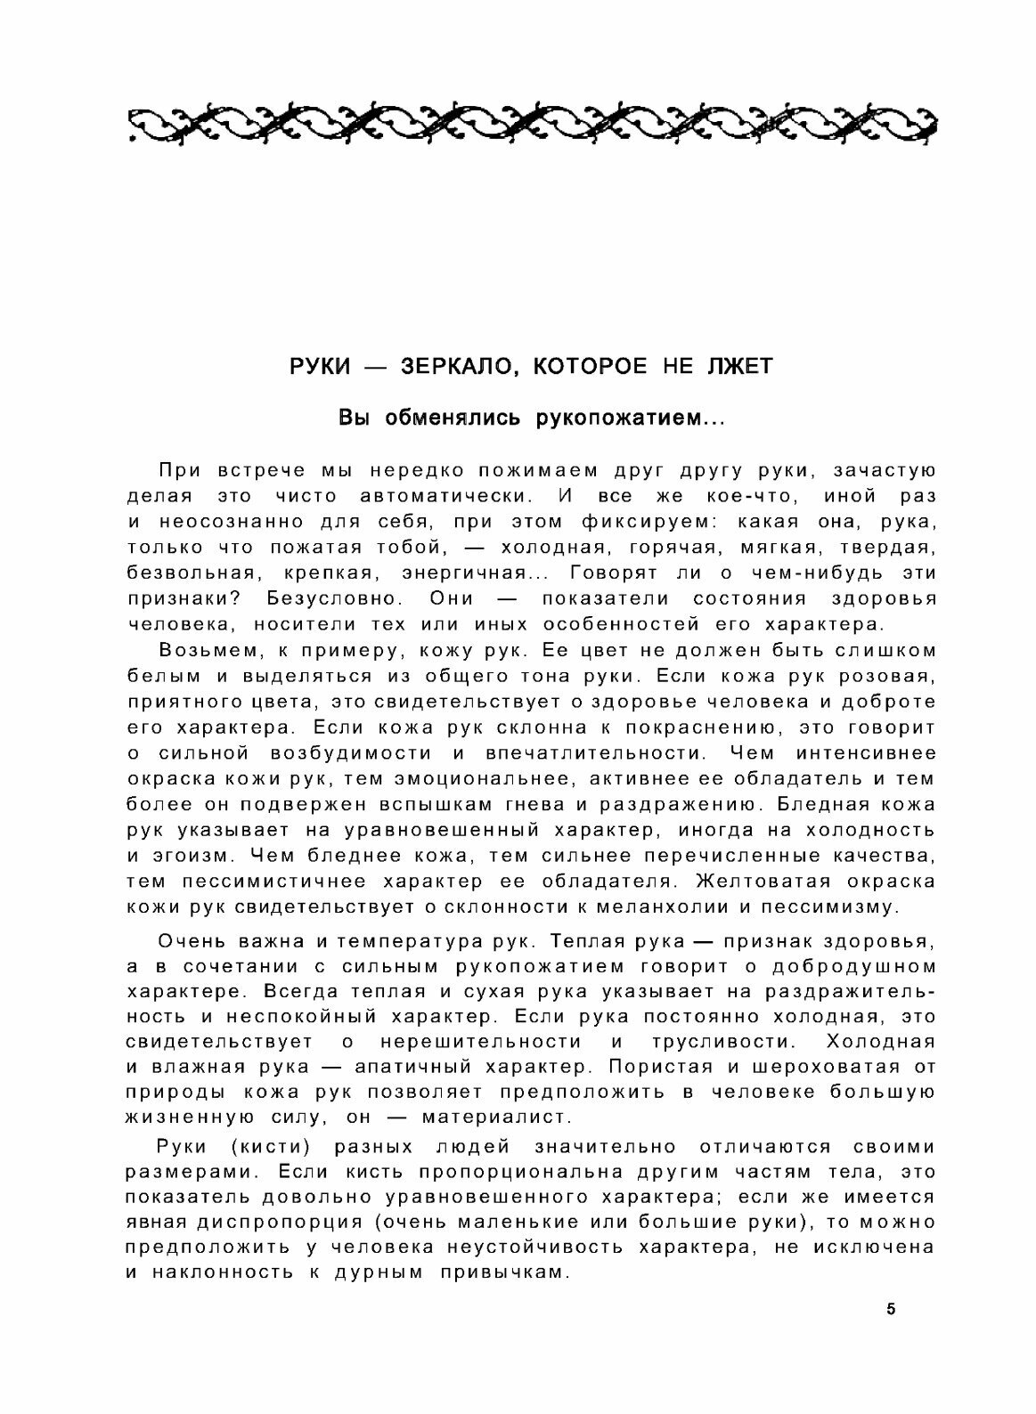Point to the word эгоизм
tap(192, 856)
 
